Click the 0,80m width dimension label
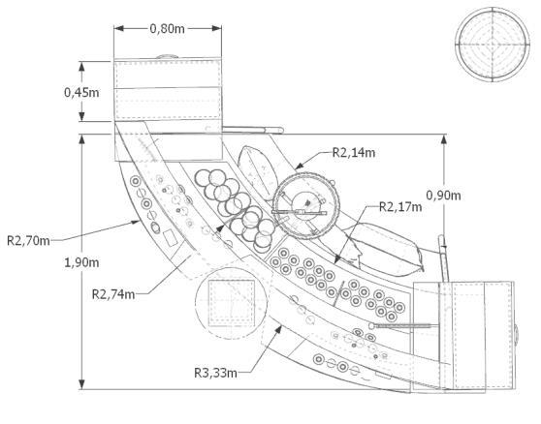pyautogui.click(x=168, y=29)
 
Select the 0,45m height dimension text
pyautogui.click(x=81, y=92)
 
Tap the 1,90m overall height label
pyautogui.click(x=81, y=262)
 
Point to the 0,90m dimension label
pyautogui.click(x=443, y=196)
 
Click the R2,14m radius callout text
pyautogui.click(x=354, y=152)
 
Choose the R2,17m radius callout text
pyautogui.click(x=400, y=206)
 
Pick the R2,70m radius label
pyautogui.click(x=29, y=240)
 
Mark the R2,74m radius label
pyautogui.click(x=113, y=294)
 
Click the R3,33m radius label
pyautogui.click(x=215, y=373)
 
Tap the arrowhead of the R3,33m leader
pyautogui.click(x=278, y=329)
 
